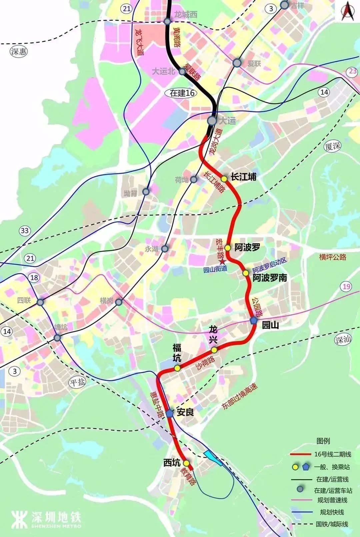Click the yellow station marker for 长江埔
point(224,179)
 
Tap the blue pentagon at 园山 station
point(254,321)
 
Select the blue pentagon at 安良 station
point(170,413)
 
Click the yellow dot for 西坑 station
point(186,463)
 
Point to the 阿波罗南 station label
point(270,278)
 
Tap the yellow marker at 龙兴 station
point(214,350)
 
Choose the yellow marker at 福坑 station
point(177,368)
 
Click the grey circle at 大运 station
point(212,120)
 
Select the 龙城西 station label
point(186,15)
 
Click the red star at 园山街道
point(222,262)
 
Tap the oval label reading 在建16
point(182,93)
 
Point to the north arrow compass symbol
point(348,11)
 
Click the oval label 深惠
point(19,52)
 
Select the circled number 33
point(25,230)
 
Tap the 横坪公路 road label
point(333,257)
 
